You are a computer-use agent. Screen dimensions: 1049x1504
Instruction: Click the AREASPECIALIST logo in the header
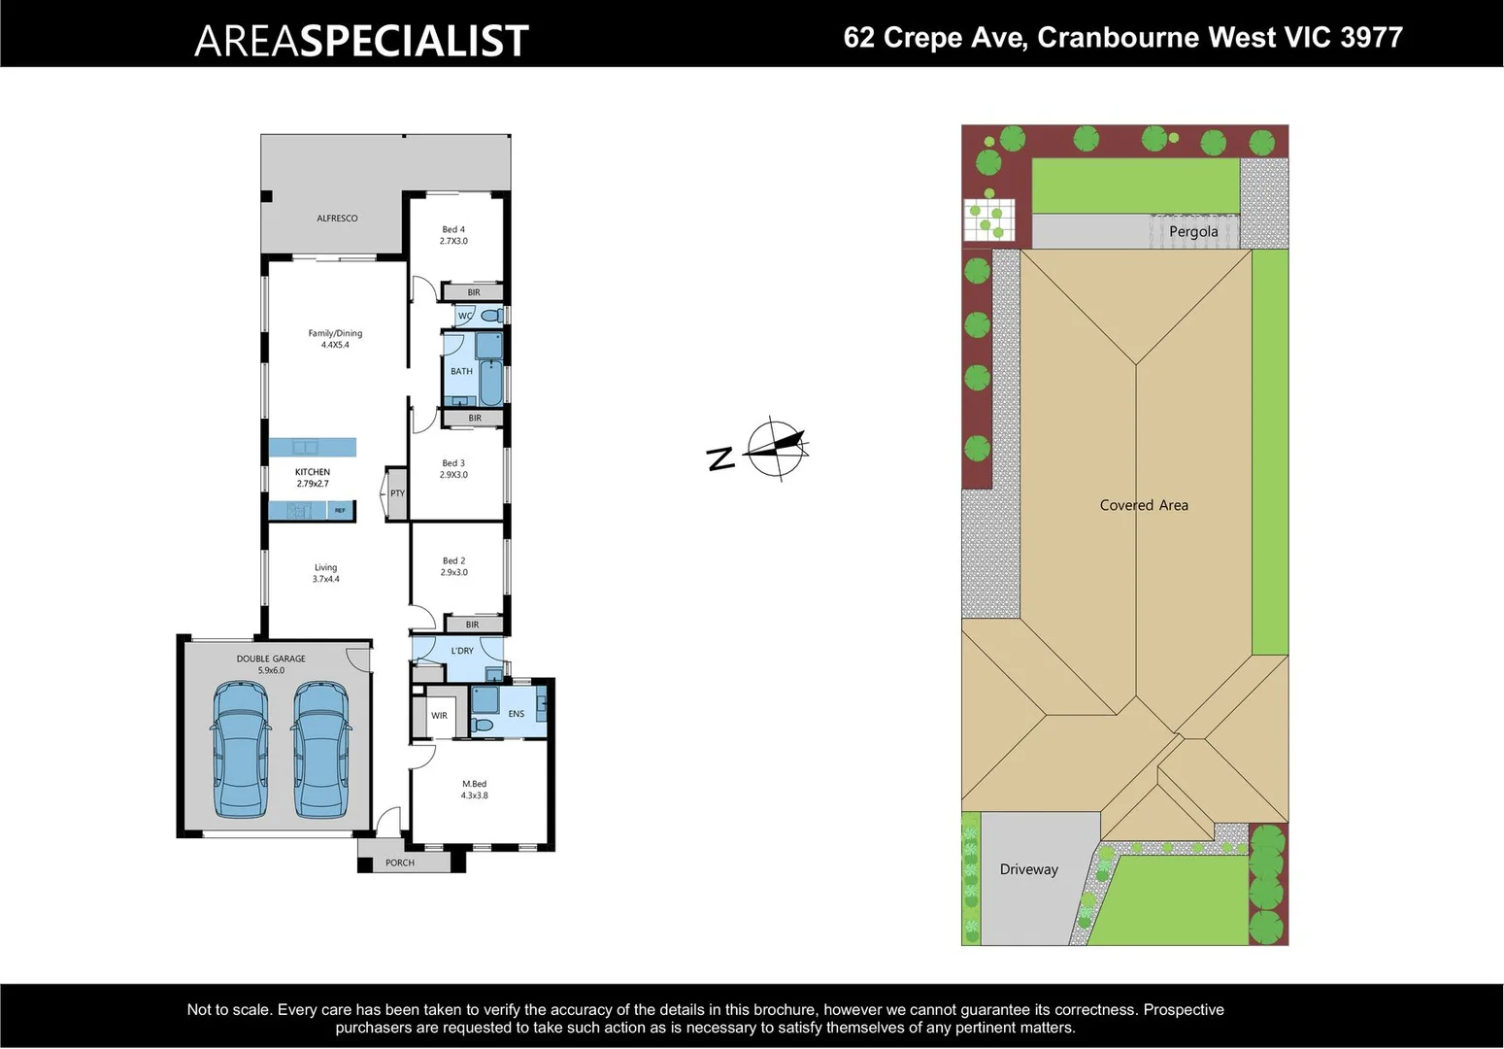[x=361, y=41]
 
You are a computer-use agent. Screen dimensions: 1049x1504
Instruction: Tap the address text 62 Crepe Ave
[x=935, y=38]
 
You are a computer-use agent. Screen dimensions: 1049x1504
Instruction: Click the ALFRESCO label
[x=337, y=219]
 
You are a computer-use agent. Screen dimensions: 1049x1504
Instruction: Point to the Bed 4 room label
[x=453, y=235]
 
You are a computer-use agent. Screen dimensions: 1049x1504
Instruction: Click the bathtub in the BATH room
[x=491, y=383]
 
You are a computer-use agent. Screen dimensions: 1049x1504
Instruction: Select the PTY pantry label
[x=397, y=493]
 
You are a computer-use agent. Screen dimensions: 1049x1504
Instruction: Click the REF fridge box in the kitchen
[x=340, y=510]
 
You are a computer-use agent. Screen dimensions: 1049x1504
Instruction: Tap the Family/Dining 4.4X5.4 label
[x=335, y=339]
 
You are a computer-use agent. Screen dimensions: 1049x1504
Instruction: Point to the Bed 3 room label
[x=453, y=469]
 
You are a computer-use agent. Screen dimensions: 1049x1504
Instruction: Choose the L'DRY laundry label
[x=462, y=651]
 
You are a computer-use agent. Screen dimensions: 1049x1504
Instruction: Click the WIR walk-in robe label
[x=439, y=716]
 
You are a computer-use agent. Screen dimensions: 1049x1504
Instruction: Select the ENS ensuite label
[x=516, y=714]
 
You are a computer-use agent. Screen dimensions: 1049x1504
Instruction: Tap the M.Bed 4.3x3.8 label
[x=474, y=790]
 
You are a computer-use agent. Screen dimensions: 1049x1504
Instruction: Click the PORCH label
[x=399, y=863]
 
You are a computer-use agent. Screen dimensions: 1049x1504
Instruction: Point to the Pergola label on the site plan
[x=1193, y=231]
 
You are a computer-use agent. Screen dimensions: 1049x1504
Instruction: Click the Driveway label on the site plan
[x=1028, y=869]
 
